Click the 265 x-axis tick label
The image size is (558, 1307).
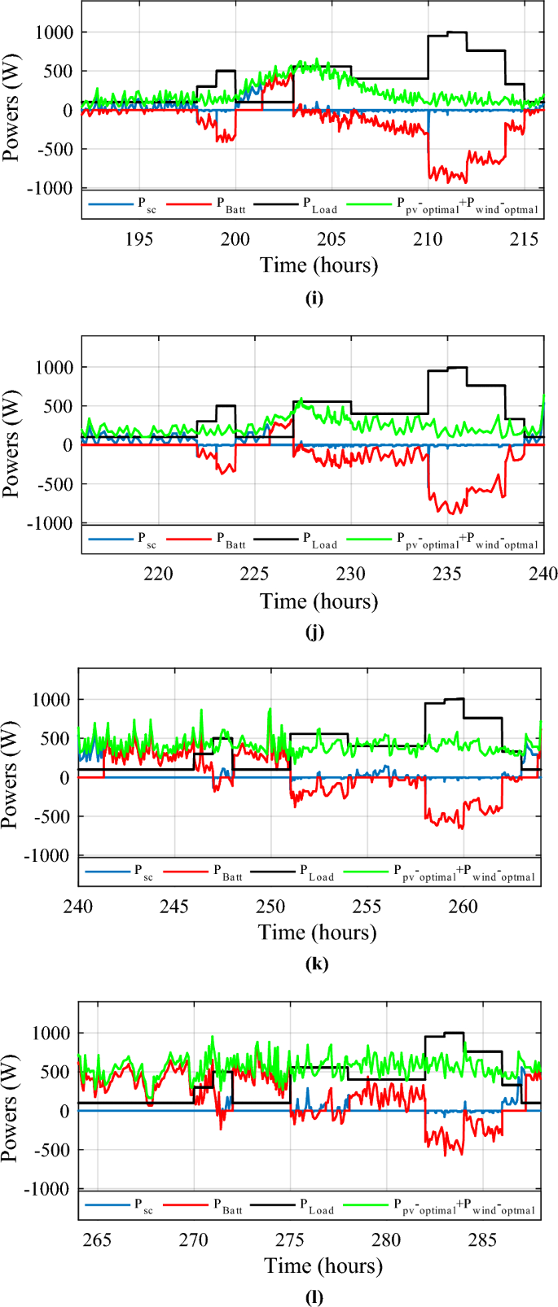point(97,1240)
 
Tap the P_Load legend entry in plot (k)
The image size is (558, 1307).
point(315,872)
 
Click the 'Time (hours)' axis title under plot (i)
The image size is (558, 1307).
point(319,265)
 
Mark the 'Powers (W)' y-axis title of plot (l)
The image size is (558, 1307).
point(11,1110)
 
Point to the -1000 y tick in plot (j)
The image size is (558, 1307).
point(52,522)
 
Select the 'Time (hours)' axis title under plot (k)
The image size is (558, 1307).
point(317,933)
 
